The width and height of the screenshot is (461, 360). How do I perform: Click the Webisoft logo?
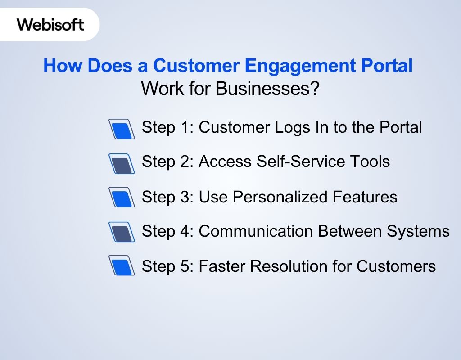pyautogui.click(x=50, y=24)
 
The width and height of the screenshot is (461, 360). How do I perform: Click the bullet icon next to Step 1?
pyautogui.click(x=122, y=129)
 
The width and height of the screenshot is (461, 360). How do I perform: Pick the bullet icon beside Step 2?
pyautogui.click(x=122, y=163)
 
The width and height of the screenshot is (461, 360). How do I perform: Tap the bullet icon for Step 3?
pyautogui.click(x=122, y=198)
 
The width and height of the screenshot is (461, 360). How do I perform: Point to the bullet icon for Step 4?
pyautogui.click(x=122, y=232)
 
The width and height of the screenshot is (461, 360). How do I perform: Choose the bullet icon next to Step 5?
pyautogui.click(x=122, y=265)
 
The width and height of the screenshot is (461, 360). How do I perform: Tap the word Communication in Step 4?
pyautogui.click(x=256, y=231)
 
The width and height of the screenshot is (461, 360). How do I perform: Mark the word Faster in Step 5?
pyautogui.click(x=222, y=266)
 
